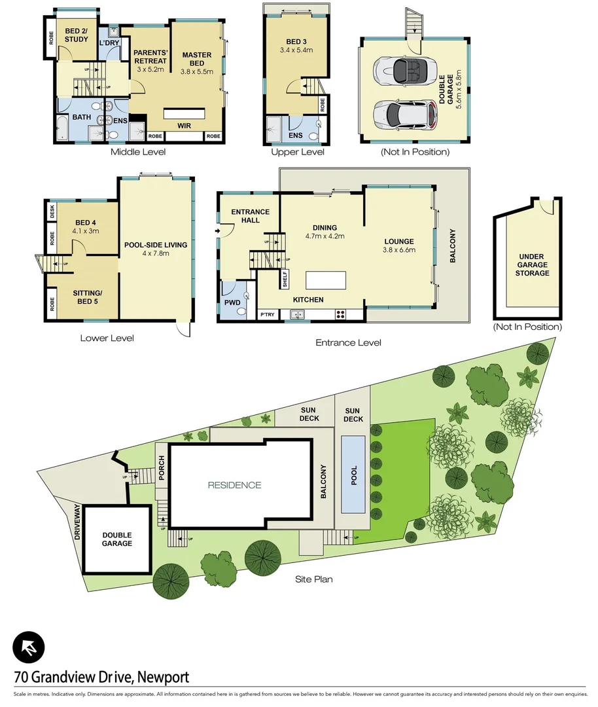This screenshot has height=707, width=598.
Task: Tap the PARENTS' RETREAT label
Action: coord(150,56)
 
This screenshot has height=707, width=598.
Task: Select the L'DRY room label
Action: coord(109,43)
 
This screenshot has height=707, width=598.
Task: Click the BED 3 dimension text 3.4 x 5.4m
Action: coord(295,50)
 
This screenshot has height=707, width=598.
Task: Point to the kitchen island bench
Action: coord(325,280)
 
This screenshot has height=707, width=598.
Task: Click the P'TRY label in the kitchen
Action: coord(268,315)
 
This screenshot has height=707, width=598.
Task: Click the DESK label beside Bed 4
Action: coord(52,211)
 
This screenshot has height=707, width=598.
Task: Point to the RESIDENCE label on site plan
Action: coord(234,485)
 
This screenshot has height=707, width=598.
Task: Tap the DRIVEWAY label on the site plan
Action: coord(77,520)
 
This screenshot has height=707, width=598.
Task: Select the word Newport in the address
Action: coord(163,677)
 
